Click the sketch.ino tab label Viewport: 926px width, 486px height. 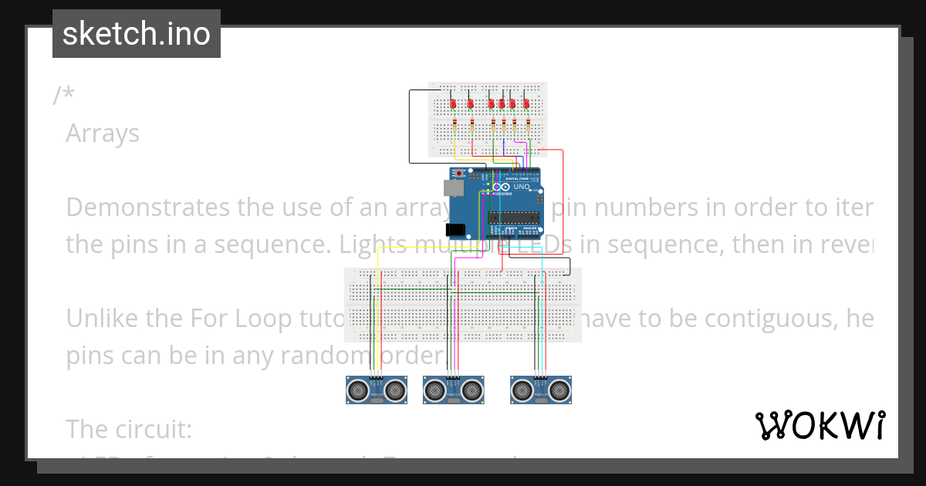coord(136,34)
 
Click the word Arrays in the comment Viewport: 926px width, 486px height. coord(103,133)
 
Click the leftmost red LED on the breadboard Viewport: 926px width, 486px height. coord(454,103)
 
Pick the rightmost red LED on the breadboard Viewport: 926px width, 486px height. coord(526,103)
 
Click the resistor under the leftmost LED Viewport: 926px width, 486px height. coord(454,124)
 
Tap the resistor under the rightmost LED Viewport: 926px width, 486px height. coord(528,124)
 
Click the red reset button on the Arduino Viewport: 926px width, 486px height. coord(460,173)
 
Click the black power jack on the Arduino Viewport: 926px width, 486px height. coord(455,229)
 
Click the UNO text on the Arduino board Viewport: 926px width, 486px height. coord(522,187)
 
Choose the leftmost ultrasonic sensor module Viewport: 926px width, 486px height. coord(377,390)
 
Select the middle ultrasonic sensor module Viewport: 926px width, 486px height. coord(454,390)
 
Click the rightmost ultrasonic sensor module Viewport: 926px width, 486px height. coord(541,390)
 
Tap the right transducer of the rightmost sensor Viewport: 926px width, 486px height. coord(560,390)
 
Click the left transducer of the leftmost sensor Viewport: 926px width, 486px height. coord(357,390)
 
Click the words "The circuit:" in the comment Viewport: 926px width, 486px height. coord(128,429)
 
